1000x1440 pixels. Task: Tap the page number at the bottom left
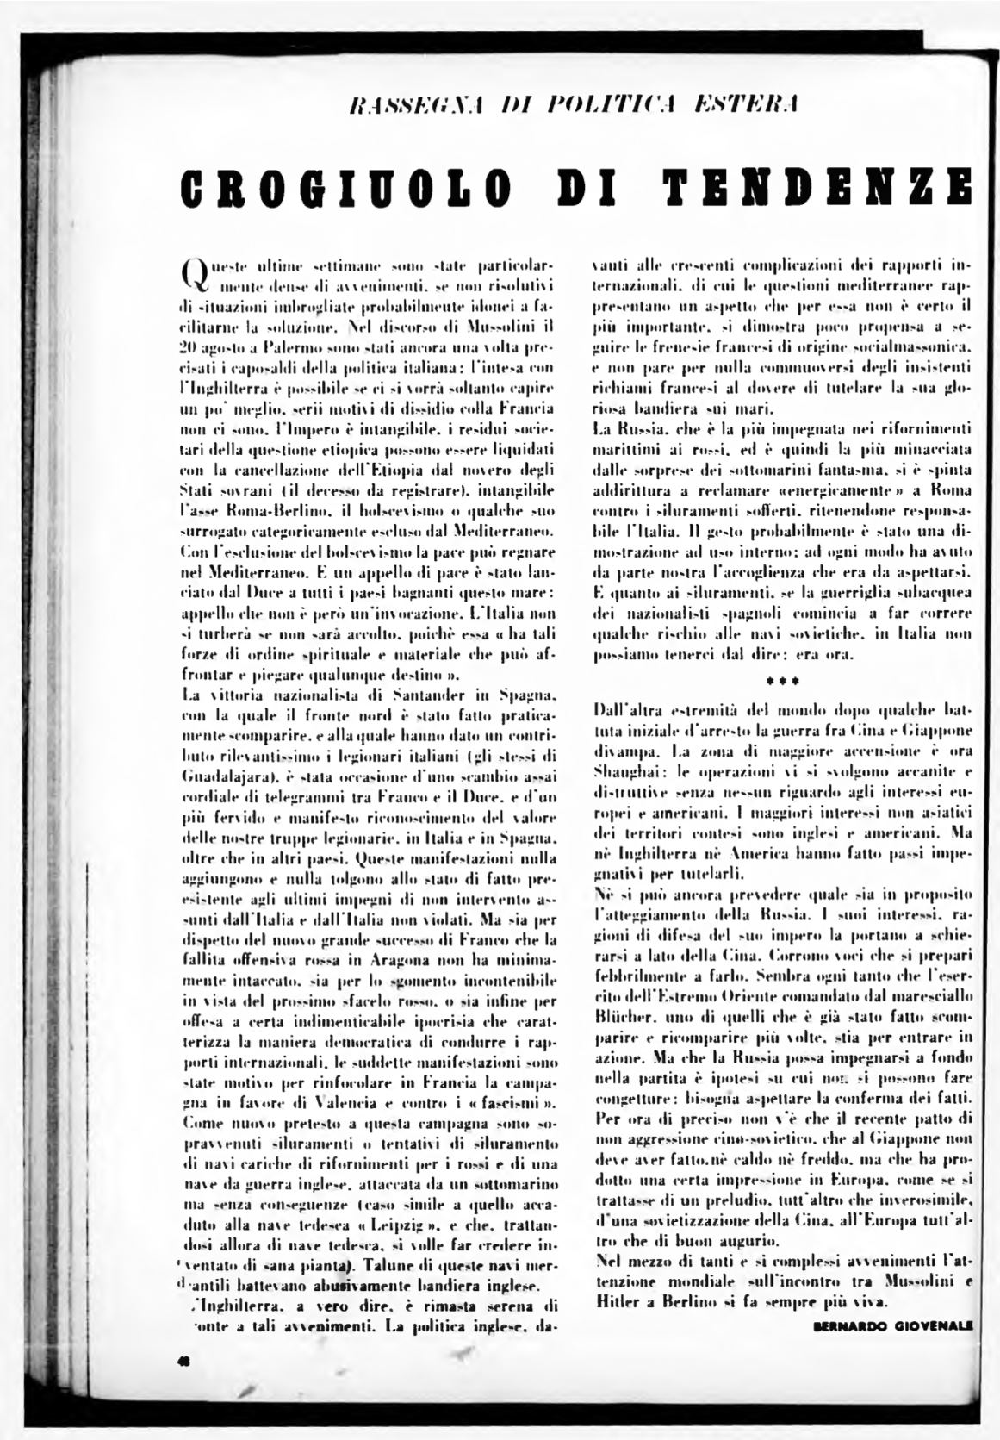click(184, 1360)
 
